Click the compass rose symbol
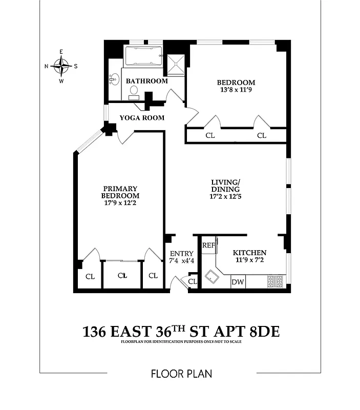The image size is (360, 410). [x=61, y=66]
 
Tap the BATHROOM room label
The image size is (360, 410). [x=147, y=81]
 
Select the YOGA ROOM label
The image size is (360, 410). [x=142, y=118]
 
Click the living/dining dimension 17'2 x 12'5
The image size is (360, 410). [x=225, y=196]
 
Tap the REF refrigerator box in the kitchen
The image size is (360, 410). [x=208, y=245]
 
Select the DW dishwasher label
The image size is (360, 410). [x=238, y=282]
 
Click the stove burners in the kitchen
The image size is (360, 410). [x=276, y=281]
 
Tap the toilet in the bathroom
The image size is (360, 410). [x=134, y=92]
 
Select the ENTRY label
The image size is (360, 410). [x=182, y=253]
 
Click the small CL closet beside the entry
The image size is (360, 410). [x=193, y=281]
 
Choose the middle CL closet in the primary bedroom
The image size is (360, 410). [x=122, y=276]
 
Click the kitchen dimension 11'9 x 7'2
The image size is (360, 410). [x=249, y=260]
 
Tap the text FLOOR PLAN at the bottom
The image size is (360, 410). [x=181, y=374]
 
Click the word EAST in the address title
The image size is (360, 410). [x=133, y=332]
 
